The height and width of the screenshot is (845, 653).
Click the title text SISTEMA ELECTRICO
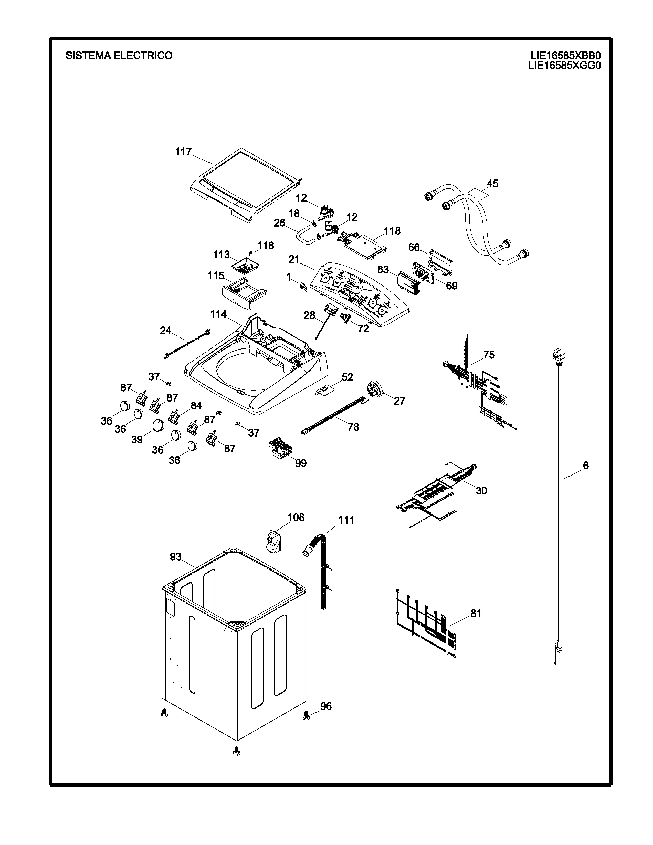[x=119, y=56]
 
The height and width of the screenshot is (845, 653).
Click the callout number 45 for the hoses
[x=492, y=183]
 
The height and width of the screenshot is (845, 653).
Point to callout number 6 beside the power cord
[x=585, y=466]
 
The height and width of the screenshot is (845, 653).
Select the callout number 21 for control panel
[x=294, y=259]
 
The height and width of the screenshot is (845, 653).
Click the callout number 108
[x=296, y=517]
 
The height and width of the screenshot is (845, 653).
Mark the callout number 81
[x=476, y=613]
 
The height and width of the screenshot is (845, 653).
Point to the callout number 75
[x=489, y=355]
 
